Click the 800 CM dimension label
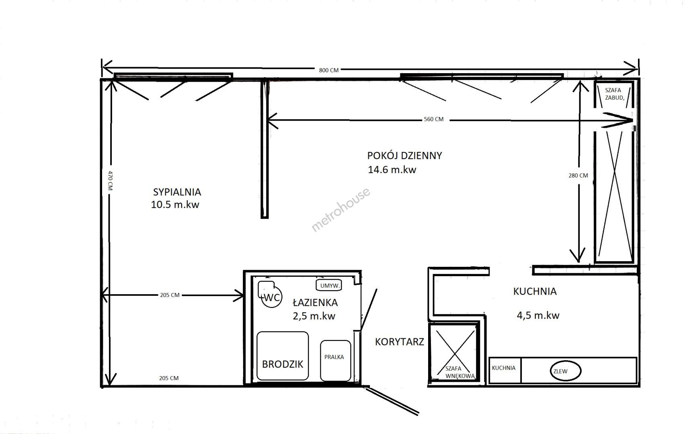[x=329, y=70]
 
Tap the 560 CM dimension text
[x=434, y=119]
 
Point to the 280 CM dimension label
[x=578, y=176]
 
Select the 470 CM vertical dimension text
[x=111, y=180]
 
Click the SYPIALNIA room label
[x=177, y=192]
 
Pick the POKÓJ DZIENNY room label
[x=404, y=156]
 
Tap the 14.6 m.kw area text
[x=392, y=170]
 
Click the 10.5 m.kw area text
[x=175, y=205]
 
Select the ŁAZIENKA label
[x=315, y=302]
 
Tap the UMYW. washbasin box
[x=329, y=285]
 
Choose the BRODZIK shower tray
[x=283, y=356]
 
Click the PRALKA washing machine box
[x=336, y=360]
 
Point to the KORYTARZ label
[x=400, y=342]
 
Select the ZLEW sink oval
[x=566, y=371]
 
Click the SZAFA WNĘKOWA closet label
[x=459, y=373]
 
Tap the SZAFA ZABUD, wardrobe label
[x=614, y=94]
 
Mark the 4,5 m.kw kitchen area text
[x=538, y=315]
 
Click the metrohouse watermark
[x=340, y=210]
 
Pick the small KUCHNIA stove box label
[x=504, y=368]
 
